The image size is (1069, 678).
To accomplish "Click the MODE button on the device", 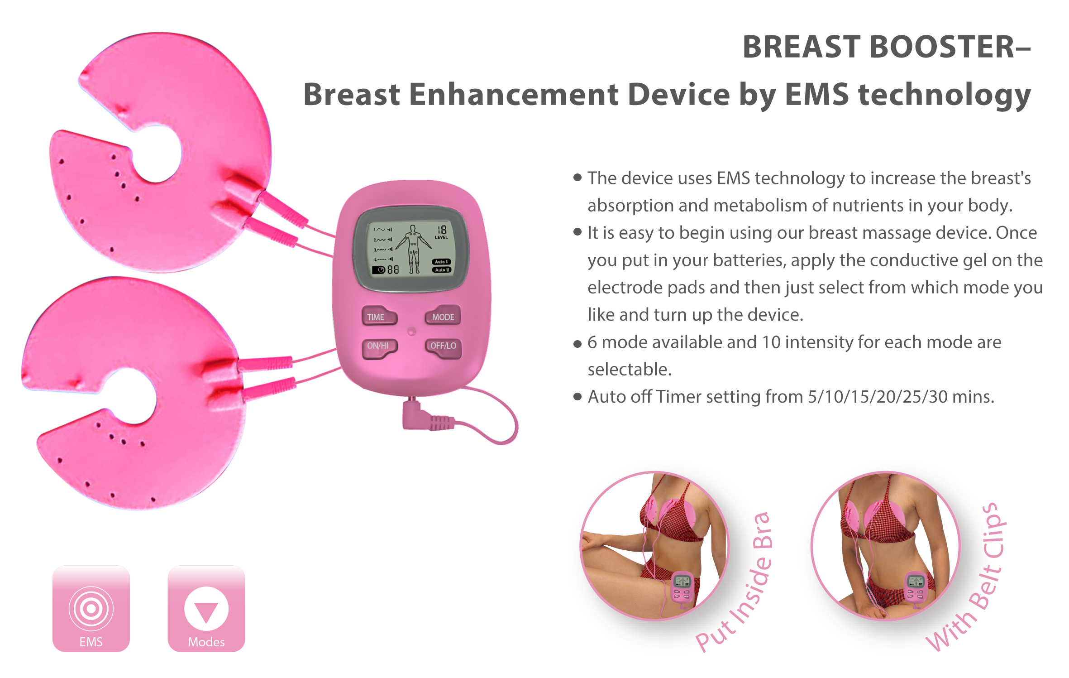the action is click(x=443, y=316).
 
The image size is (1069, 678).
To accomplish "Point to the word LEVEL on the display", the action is click(x=441, y=237).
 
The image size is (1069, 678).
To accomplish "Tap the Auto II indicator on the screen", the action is click(x=442, y=270).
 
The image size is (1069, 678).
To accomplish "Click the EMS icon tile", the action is click(x=91, y=608).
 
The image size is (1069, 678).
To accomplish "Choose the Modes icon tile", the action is click(x=206, y=608).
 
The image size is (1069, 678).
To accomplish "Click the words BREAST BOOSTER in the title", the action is click(x=878, y=47).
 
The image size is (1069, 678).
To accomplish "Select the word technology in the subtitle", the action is click(x=945, y=95).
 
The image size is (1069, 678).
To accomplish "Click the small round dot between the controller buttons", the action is click(x=411, y=332).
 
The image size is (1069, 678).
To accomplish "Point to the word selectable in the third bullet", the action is click(x=630, y=370).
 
